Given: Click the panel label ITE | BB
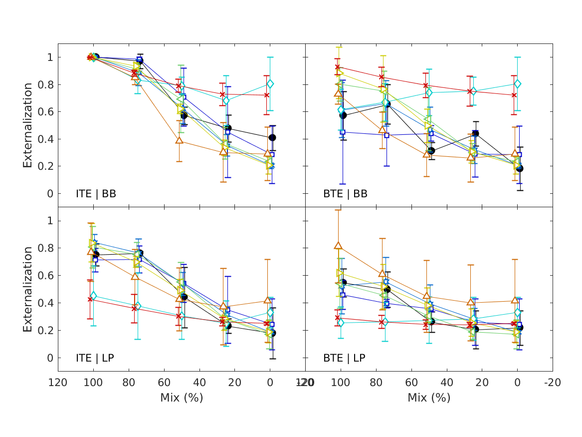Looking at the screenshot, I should [96, 194].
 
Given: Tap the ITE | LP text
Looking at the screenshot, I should [95, 358].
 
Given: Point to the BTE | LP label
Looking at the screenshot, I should [344, 358].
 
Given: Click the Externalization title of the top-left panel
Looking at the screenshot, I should [27, 125].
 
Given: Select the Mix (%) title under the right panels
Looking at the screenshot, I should [429, 398].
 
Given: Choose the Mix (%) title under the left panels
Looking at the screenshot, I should [182, 398].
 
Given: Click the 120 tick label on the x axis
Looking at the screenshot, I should [58, 383].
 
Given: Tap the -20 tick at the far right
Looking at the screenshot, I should [552, 383].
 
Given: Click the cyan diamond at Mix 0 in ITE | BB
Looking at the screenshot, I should [270, 84].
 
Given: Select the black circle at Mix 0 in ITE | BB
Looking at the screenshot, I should [272, 137].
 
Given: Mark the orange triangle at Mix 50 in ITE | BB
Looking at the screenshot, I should [179, 140].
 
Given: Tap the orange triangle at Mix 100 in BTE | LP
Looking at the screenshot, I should [339, 246].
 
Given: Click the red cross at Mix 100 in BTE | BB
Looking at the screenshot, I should [338, 67].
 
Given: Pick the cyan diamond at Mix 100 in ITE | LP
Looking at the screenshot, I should [93, 296].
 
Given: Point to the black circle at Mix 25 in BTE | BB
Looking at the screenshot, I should [476, 133].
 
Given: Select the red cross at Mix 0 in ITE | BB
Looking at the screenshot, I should [267, 95].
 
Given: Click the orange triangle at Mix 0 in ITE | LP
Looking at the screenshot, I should [267, 300].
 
